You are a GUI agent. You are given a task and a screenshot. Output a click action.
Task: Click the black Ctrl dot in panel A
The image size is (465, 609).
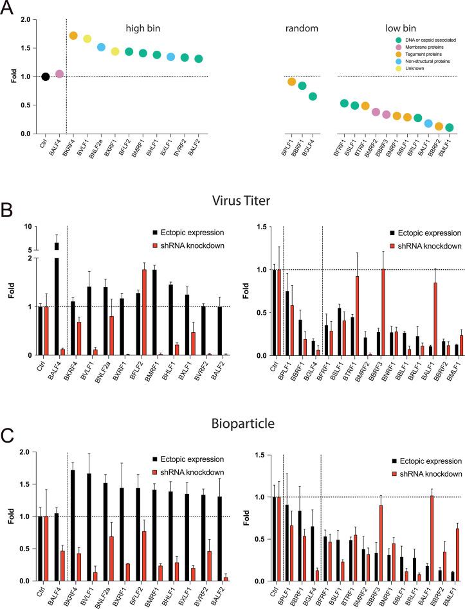tap(46, 76)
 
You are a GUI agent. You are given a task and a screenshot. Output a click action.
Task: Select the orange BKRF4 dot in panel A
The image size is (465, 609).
tap(73, 36)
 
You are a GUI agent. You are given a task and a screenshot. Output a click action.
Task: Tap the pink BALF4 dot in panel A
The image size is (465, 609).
tap(59, 74)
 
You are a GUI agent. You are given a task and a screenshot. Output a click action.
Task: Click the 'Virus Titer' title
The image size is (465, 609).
tap(232, 201)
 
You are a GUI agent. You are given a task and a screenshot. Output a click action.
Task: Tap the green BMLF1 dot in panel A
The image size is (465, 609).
tap(450, 128)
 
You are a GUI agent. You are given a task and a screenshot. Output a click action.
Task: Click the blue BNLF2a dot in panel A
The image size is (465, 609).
tap(101, 47)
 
